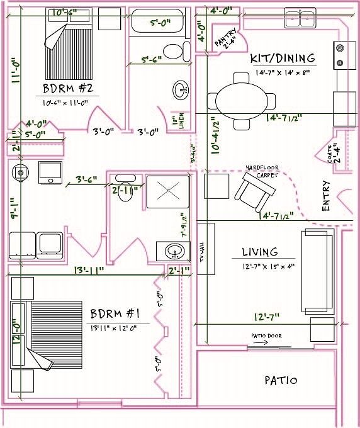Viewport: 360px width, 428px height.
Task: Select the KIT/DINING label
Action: [x=283, y=59]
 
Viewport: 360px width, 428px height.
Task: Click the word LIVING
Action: [x=260, y=252]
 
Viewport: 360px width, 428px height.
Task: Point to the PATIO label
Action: [x=281, y=380]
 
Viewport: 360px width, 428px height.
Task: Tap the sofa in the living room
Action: [x=317, y=271]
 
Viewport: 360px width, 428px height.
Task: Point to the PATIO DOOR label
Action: [x=266, y=335]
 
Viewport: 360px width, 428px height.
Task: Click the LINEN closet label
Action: [x=181, y=120]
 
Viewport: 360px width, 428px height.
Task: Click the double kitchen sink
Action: [x=300, y=19]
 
